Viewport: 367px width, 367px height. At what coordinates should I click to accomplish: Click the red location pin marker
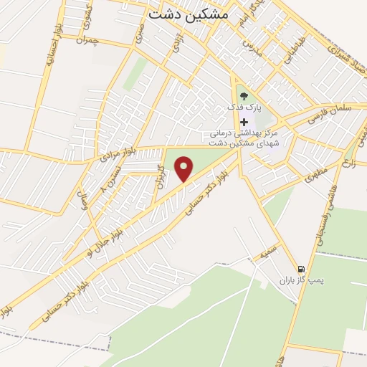click(x=185, y=169)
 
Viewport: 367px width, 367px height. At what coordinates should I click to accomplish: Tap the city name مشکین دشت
click(x=189, y=14)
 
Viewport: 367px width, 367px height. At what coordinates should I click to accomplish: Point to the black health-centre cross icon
click(x=244, y=122)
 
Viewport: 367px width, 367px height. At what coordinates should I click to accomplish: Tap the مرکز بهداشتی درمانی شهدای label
click(x=248, y=134)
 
